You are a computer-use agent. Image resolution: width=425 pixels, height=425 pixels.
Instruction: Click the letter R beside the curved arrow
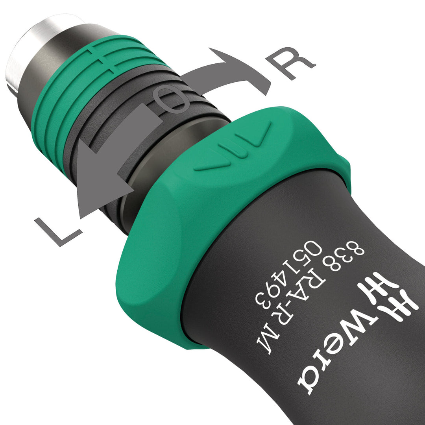tap(290, 63)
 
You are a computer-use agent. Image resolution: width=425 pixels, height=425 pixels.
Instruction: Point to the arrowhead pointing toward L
tap(98, 185)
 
